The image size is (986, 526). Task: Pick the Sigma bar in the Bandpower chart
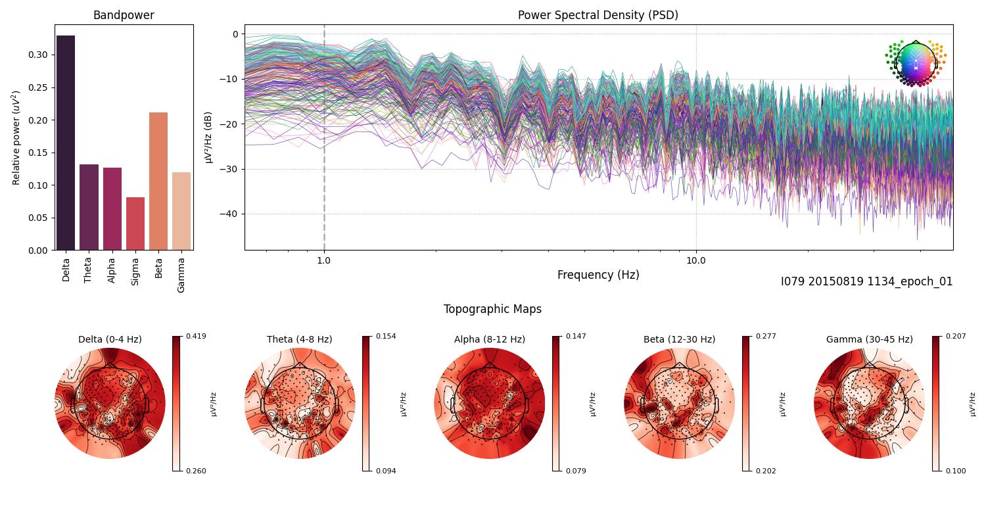click(135, 224)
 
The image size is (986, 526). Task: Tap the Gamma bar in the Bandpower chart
click(181, 211)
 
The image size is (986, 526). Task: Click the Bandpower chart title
click(124, 15)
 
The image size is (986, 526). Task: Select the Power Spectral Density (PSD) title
click(598, 15)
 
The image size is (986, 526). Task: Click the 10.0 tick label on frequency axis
click(696, 260)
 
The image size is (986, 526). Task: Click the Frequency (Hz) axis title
click(598, 275)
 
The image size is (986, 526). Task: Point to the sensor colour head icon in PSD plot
click(915, 63)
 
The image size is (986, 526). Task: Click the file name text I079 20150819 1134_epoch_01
click(866, 281)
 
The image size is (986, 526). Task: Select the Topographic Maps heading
click(492, 309)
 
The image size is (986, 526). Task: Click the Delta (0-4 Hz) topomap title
click(110, 339)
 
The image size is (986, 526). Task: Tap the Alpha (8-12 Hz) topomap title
click(490, 339)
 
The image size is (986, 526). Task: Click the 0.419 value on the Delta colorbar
click(196, 336)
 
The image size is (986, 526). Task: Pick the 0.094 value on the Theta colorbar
click(386, 471)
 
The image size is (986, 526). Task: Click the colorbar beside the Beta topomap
click(746, 403)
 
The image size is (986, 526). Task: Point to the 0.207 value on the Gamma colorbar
click(956, 336)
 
